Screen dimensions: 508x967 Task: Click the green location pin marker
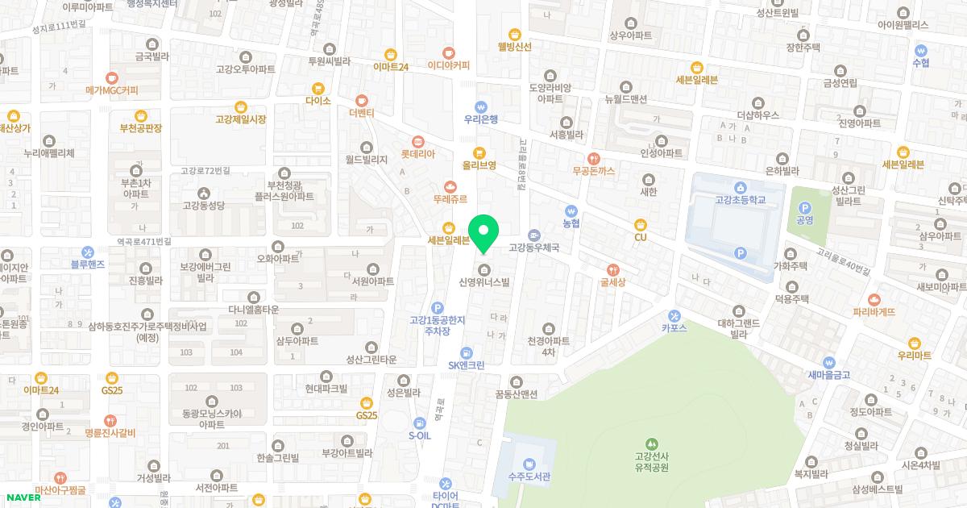click(483, 233)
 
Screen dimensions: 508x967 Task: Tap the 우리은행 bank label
click(481, 119)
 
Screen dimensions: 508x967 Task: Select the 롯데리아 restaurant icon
click(417, 140)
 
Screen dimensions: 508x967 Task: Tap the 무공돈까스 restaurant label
click(594, 171)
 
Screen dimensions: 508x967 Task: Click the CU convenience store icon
click(641, 223)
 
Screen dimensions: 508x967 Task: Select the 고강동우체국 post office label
click(533, 248)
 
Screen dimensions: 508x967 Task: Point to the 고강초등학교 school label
click(739, 199)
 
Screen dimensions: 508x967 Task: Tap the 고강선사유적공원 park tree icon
click(652, 443)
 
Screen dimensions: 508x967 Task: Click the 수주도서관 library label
click(529, 477)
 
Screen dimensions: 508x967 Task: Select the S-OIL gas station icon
click(419, 423)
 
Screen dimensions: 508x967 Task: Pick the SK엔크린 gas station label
click(467, 365)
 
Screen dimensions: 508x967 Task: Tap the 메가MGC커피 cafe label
click(112, 90)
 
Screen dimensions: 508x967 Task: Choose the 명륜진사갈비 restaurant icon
click(111, 420)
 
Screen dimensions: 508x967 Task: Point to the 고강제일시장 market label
click(240, 119)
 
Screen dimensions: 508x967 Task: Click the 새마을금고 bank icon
click(828, 362)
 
